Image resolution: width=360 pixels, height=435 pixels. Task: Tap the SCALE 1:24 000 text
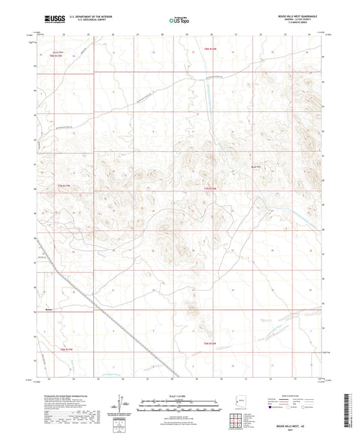[179, 396]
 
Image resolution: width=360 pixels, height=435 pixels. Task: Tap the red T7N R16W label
[210, 188]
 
